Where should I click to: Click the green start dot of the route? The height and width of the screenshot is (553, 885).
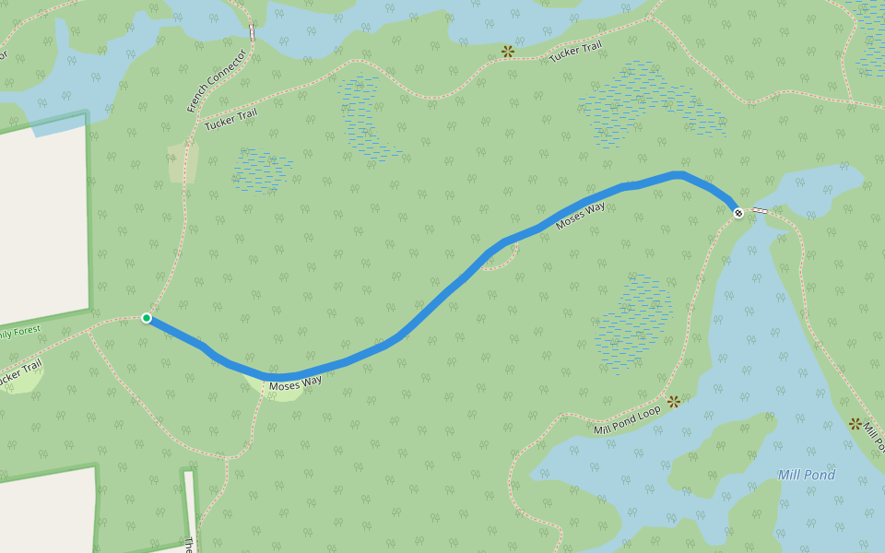click(147, 318)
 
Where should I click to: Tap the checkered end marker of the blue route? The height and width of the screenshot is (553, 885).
click(738, 214)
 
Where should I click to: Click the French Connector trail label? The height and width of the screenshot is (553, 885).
click(216, 81)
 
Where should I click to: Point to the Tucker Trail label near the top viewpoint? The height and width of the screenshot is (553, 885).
click(575, 53)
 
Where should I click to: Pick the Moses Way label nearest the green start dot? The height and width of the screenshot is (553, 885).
click(295, 380)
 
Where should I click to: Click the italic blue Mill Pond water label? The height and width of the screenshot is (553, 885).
click(807, 476)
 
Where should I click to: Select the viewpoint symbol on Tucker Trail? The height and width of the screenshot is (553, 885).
click(507, 51)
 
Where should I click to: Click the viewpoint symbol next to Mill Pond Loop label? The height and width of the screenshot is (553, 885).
click(674, 401)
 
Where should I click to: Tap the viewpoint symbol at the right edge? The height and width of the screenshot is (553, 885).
click(855, 424)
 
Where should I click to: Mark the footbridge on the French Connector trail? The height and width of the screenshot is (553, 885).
click(251, 30)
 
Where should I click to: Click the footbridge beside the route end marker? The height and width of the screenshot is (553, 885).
click(760, 211)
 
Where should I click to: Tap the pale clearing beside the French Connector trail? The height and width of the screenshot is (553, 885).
click(183, 162)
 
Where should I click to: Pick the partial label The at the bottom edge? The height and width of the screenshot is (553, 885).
click(190, 545)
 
